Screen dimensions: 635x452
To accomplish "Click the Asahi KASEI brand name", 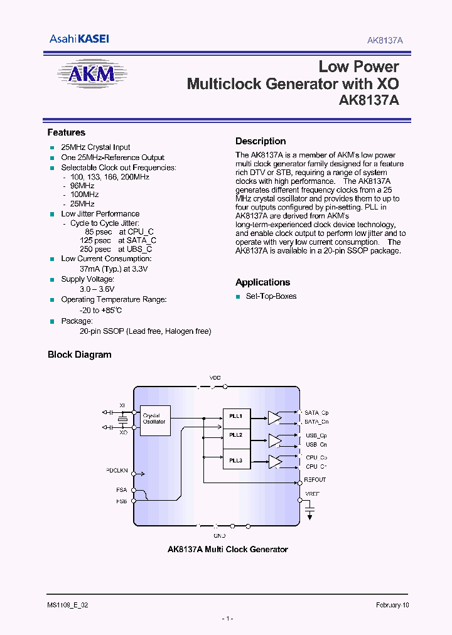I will point(79,39).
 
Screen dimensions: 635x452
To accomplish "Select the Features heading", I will point(66,132).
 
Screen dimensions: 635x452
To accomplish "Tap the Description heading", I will point(261,141).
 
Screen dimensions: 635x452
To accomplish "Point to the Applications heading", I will point(262,282).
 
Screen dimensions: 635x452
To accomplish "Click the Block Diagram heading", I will point(80,355).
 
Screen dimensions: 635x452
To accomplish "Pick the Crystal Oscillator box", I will point(154,419).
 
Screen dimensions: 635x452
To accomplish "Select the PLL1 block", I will point(236,415).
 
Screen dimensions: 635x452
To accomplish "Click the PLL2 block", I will point(236,435).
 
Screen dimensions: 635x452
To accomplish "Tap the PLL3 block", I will point(236,460).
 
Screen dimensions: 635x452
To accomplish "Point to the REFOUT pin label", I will point(315,480).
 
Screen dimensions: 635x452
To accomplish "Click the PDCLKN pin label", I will point(117,470).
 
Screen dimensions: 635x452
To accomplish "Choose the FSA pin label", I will point(121,490).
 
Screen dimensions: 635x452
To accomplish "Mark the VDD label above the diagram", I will point(215,378).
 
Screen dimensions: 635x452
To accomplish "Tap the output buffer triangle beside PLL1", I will point(274,417).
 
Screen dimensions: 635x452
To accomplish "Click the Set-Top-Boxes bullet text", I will point(271,296).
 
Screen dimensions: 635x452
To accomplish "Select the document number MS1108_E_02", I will point(72,605).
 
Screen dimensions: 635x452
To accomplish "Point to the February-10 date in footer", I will point(392,605).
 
